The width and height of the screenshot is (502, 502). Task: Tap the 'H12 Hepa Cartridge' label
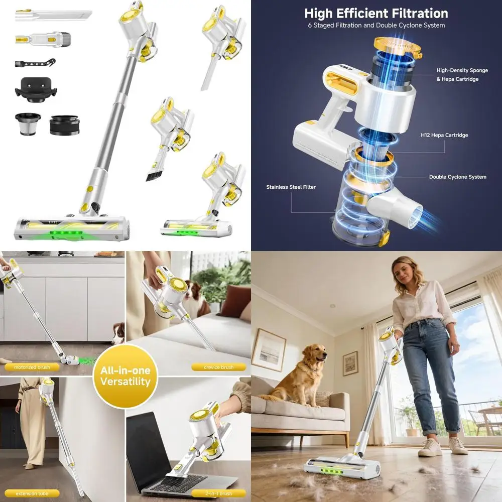[444, 136]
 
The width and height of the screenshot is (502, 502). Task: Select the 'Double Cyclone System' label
[457, 177]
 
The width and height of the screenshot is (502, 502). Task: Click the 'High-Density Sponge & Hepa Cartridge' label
[461, 75]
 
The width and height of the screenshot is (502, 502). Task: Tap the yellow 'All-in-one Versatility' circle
[125, 376]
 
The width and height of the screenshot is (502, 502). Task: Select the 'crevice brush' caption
[218, 367]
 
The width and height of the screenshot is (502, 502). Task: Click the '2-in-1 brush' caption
[218, 493]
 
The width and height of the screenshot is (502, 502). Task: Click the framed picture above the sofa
[269, 349]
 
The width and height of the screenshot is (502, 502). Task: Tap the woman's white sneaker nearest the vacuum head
[430, 447]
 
